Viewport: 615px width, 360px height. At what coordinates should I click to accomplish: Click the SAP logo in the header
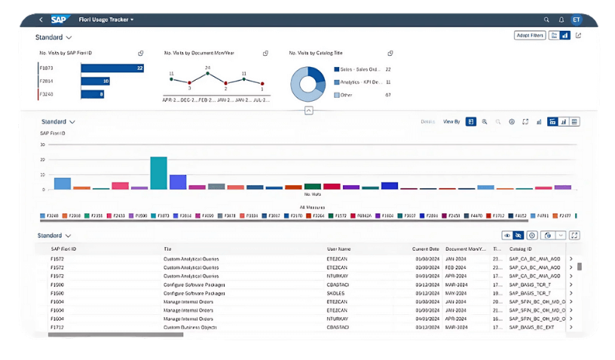point(61,20)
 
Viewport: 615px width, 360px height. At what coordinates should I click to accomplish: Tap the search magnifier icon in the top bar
point(546,20)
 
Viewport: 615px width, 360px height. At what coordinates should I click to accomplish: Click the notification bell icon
point(561,20)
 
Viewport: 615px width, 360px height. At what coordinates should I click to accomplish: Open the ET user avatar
point(577,20)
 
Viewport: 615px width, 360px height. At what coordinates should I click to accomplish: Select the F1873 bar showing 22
point(112,68)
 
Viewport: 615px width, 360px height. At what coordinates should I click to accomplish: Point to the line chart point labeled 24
point(207,75)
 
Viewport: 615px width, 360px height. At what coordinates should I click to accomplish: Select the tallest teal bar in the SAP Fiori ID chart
point(158,172)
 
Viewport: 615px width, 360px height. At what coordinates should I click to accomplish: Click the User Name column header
point(338,249)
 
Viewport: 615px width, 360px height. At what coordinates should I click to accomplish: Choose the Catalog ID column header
point(520,249)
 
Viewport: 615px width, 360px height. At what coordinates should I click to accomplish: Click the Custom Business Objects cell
point(190,327)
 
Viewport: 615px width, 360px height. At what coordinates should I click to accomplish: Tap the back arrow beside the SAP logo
point(41,20)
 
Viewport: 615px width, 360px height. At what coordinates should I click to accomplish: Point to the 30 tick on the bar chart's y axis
point(43,144)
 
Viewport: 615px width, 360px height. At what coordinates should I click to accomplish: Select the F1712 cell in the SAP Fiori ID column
point(57,327)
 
